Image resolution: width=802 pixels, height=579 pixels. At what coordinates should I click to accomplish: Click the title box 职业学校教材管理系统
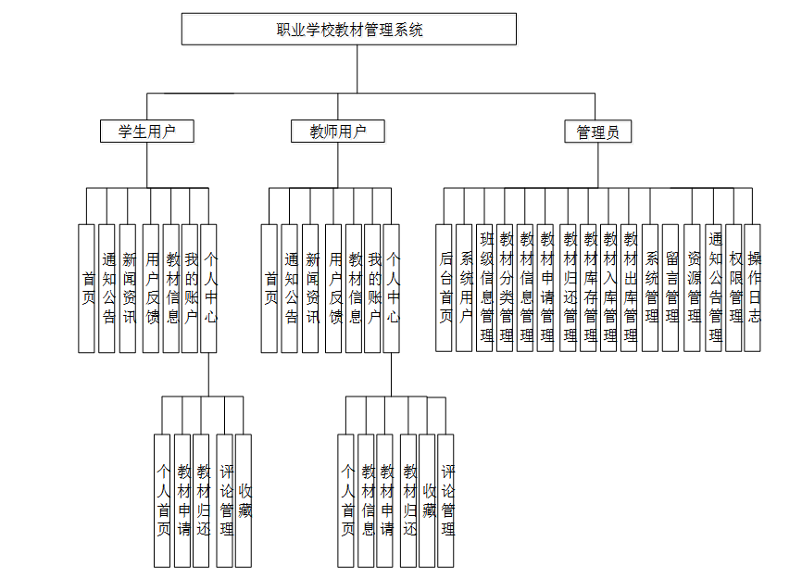pos(349,30)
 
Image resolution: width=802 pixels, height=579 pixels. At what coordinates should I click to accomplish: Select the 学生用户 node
pos(147,132)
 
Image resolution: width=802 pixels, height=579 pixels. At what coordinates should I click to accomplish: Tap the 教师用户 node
pos(337,132)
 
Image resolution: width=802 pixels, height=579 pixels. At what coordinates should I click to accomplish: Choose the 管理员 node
pos(597,132)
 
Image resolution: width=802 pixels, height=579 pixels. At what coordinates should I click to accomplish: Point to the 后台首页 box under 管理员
pos(445,287)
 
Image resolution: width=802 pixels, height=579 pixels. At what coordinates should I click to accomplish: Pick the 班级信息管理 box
pos(485,287)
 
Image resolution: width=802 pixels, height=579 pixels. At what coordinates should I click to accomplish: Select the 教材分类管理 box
pos(506,287)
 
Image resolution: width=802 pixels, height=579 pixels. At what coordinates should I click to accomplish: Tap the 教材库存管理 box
pos(589,287)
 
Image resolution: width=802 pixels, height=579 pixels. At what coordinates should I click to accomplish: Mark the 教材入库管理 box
pos(609,287)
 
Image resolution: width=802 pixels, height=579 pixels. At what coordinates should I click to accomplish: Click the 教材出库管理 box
pos(630,287)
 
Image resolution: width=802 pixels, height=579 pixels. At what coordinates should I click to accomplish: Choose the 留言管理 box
pos(670,287)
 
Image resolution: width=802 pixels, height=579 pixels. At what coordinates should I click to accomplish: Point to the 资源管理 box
pos(693,287)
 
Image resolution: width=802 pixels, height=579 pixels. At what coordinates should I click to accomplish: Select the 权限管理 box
pos(734,287)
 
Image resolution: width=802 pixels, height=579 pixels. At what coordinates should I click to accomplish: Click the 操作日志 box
pos(753,287)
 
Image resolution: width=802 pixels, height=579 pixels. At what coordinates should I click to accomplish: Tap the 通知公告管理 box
pos(714,287)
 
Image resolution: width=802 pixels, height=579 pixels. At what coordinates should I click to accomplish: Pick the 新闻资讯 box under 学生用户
pos(128,287)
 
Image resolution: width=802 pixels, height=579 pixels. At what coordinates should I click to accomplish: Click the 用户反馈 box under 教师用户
pos(333,287)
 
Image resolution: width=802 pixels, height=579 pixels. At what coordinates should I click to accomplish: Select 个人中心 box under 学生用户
pos(209,287)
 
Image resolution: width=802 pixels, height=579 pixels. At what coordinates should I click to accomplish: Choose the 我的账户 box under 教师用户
pos(373,287)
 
